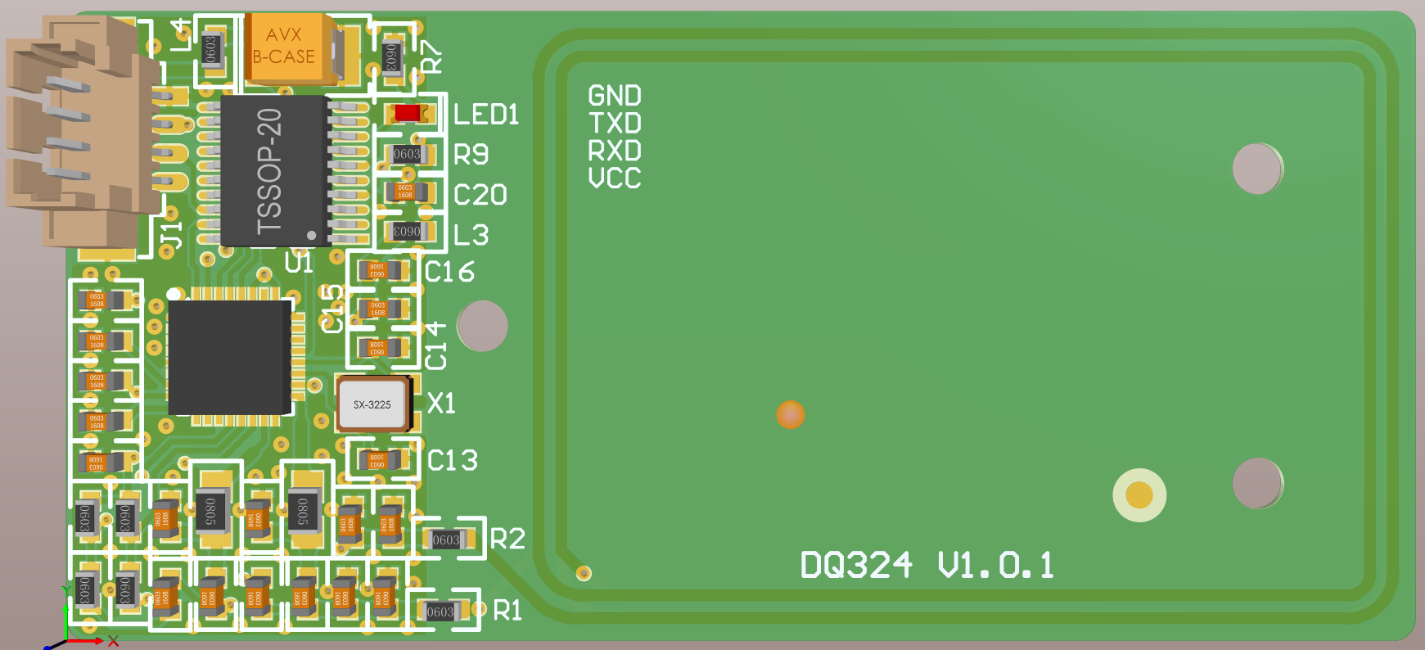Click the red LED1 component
click(x=407, y=112)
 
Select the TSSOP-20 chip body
click(x=274, y=170)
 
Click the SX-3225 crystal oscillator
click(x=372, y=404)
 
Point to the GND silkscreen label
click(x=614, y=96)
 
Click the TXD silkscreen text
click(x=614, y=124)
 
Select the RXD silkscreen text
click(x=614, y=151)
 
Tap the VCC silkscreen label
click(x=614, y=178)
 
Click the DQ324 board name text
click(x=855, y=565)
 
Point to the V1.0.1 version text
click(x=995, y=565)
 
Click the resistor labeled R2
click(x=447, y=539)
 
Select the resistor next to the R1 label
click(x=441, y=612)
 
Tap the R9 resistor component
click(x=407, y=154)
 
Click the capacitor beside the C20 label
click(x=407, y=192)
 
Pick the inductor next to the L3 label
click(x=407, y=232)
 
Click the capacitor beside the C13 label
click(x=378, y=460)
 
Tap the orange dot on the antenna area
click(x=790, y=414)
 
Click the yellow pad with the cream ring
click(x=1139, y=494)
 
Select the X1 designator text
click(x=441, y=403)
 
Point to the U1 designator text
click(x=299, y=263)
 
